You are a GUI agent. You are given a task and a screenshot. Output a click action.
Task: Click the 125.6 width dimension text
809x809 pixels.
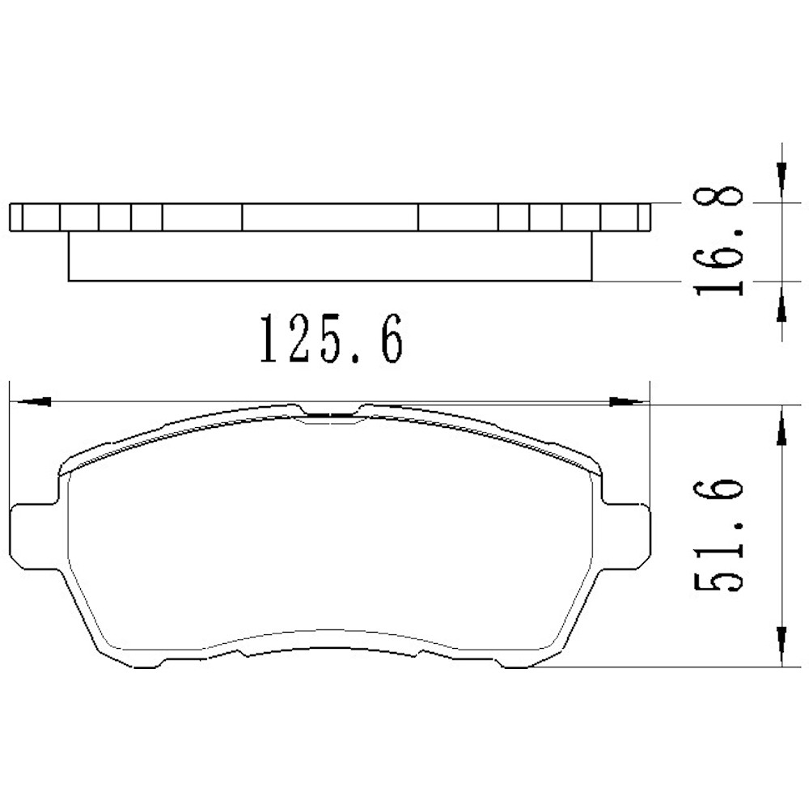329,340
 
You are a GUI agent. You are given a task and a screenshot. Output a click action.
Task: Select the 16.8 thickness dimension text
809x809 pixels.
718,241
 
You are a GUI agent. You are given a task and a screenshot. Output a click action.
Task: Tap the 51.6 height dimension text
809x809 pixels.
718,536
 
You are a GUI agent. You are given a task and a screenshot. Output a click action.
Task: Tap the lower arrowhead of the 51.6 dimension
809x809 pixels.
781,643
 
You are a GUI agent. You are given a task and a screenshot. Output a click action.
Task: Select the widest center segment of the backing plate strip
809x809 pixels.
330,217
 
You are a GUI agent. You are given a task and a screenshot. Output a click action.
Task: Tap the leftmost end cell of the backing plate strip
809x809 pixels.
15,217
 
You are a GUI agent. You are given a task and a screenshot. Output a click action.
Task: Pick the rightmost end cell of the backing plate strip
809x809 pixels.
644,217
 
